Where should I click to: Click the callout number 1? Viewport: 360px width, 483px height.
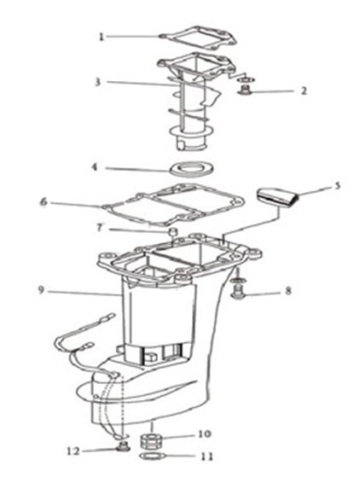point(101,37)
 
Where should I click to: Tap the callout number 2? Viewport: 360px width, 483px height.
point(304,90)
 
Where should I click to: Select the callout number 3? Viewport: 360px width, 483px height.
point(97,82)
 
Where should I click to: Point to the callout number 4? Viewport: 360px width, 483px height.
point(94,167)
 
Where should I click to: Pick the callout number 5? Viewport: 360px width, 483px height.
point(338,186)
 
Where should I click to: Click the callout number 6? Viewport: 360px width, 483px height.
point(44,202)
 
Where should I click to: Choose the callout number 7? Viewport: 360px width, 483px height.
point(99,228)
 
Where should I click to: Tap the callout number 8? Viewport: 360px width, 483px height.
point(288,290)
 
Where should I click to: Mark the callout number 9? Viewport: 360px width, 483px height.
point(41,290)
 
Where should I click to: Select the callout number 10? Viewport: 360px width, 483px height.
point(205,434)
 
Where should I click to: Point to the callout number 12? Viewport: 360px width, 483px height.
point(73,451)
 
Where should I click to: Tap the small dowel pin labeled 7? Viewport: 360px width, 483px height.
point(173,231)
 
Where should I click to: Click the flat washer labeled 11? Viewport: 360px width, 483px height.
point(152,457)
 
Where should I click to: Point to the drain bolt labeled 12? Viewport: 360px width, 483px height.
point(124,446)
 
